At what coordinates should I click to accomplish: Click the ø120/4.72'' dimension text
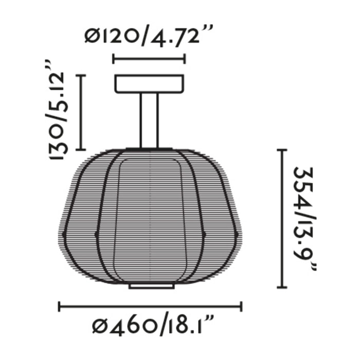(x=148, y=37)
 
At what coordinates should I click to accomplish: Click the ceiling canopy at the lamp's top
(x=149, y=84)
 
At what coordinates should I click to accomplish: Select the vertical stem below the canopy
(x=149, y=121)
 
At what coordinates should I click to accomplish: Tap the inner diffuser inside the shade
(x=149, y=216)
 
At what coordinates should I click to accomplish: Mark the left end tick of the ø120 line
(x=114, y=59)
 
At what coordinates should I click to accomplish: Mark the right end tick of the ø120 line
(x=184, y=59)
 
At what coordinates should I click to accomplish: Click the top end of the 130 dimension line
(x=81, y=75)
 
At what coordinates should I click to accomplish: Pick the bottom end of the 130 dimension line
(x=81, y=149)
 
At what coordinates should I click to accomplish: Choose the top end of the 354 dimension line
(x=281, y=150)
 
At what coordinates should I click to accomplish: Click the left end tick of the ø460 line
(x=60, y=307)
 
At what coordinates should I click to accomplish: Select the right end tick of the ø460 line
(x=241, y=307)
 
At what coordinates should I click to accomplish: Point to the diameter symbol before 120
(x=93, y=37)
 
